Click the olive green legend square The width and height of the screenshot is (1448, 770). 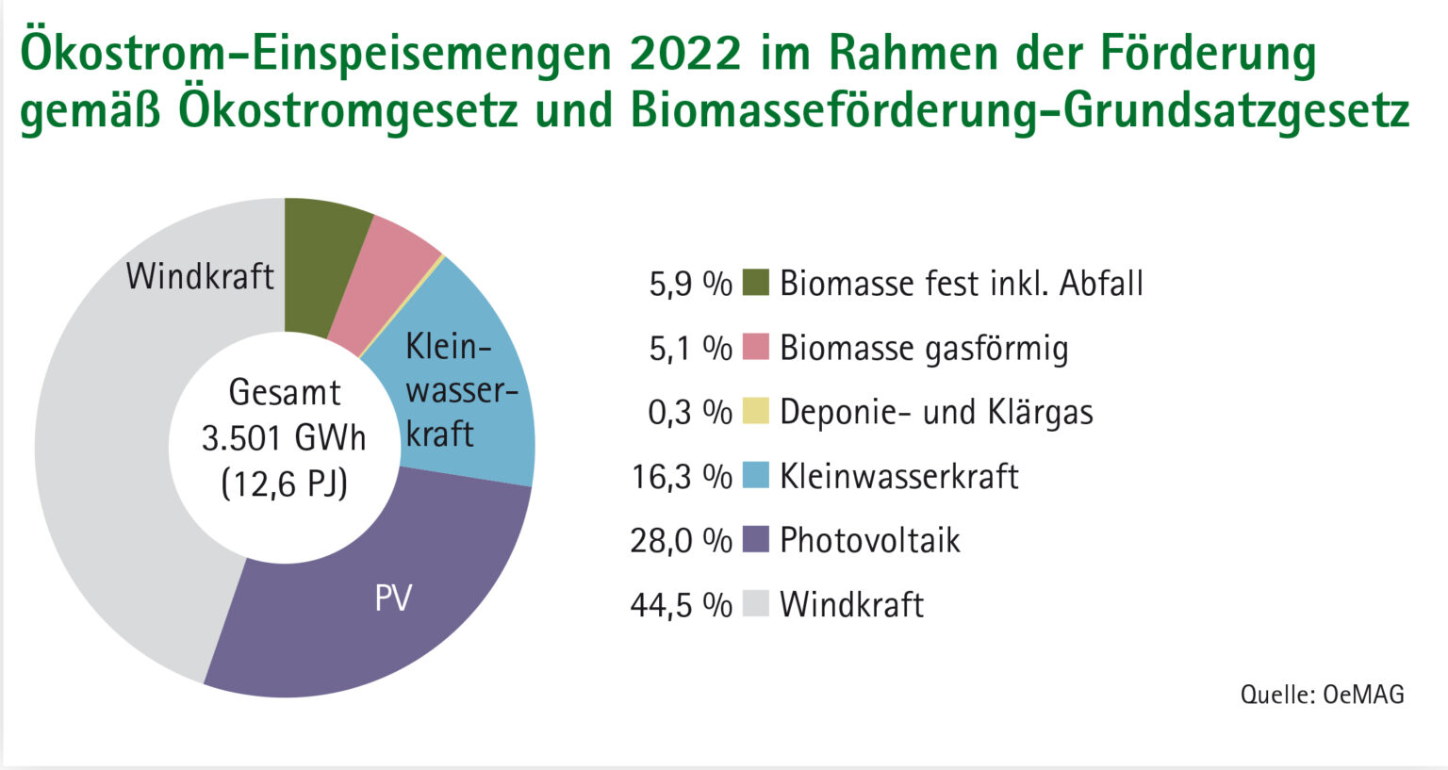coord(756,283)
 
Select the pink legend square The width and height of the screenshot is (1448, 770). coord(756,347)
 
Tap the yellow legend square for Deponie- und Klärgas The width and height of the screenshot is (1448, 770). coord(756,411)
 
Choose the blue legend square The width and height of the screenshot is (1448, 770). coord(756,475)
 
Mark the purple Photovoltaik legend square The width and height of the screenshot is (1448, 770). coord(756,539)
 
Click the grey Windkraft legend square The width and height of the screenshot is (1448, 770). coord(756,603)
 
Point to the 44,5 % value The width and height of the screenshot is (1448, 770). coord(681,605)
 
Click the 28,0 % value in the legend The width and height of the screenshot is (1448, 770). coord(681,541)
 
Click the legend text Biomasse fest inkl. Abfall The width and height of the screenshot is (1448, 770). coord(961,283)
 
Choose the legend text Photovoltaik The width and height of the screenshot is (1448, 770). coord(869,540)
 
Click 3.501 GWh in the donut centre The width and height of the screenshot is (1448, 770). coord(284,438)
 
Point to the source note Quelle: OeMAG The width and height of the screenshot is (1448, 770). coord(1322,695)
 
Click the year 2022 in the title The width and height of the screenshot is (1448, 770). coord(685,54)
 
